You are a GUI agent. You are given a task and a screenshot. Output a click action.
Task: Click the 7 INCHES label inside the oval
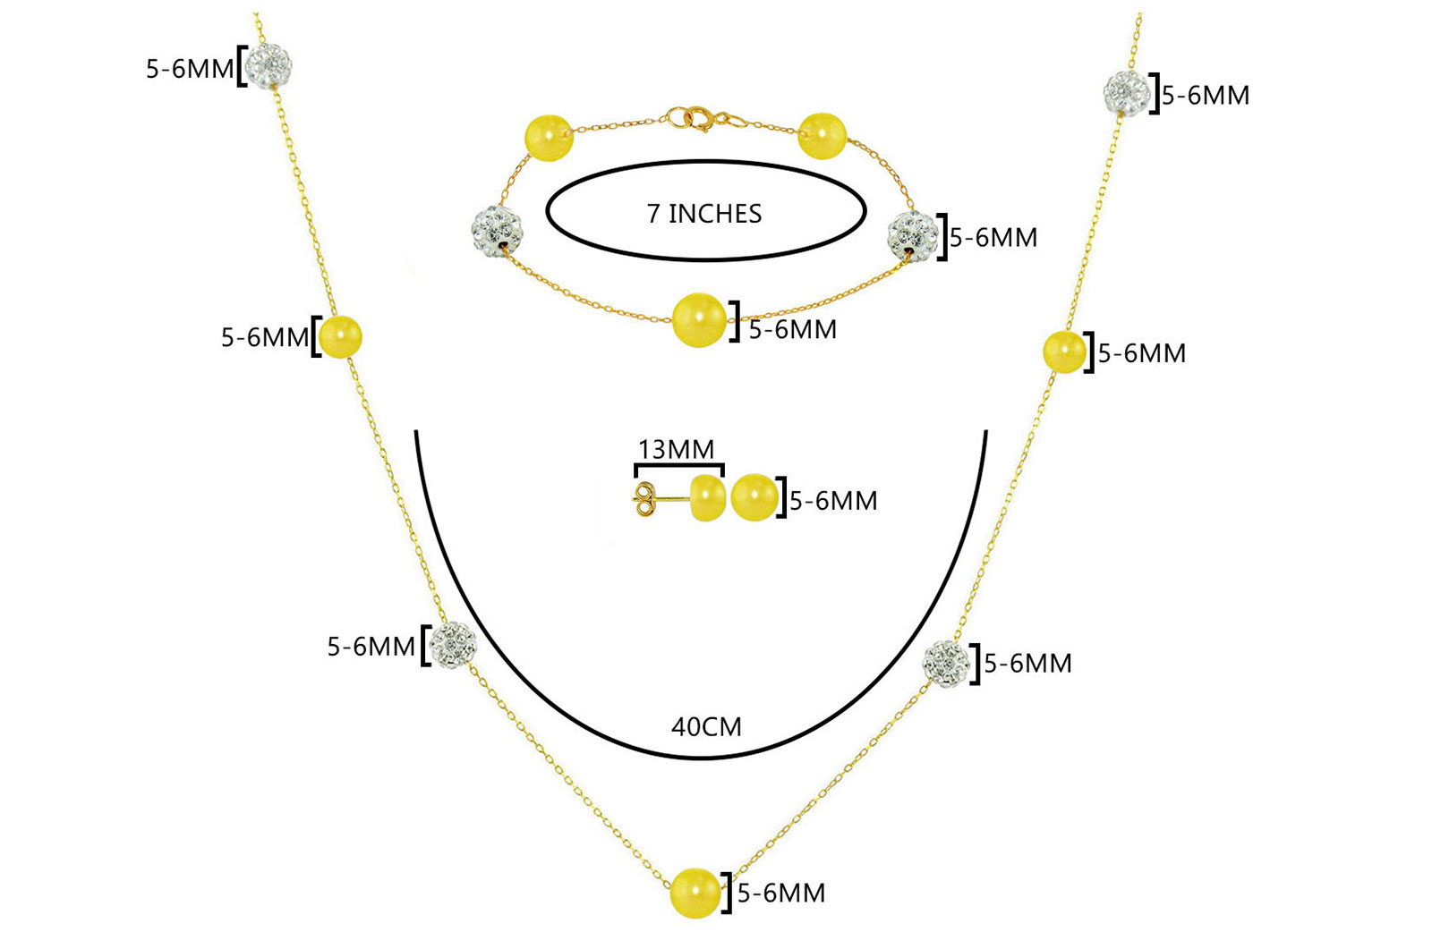point(703,214)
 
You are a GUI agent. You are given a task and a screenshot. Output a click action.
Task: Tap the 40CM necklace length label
point(706,727)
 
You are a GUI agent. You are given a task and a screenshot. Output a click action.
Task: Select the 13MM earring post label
point(676,449)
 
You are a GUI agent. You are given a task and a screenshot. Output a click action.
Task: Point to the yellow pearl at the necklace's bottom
point(695,893)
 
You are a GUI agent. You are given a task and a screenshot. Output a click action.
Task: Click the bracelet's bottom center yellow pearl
point(699,320)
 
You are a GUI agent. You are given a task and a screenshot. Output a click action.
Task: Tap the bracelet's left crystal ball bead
point(496,230)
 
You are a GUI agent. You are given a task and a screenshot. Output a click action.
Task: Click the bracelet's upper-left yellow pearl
point(549,138)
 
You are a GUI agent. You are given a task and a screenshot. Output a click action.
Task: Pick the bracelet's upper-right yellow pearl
point(823,136)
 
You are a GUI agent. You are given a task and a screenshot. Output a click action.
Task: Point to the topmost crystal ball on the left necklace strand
point(268,65)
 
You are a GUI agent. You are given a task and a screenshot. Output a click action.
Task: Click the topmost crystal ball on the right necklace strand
point(1127,93)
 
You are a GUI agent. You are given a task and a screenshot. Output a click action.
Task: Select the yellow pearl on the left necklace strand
point(340,336)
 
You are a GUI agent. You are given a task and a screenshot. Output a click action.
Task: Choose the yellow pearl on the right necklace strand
point(1064,352)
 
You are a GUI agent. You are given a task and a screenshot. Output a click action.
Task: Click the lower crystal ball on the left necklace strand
point(452,644)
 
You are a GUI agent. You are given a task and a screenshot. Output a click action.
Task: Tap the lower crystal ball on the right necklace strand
point(946,664)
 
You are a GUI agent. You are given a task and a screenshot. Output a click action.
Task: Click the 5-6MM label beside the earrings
point(833,501)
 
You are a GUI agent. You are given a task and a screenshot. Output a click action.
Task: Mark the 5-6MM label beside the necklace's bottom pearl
point(781,893)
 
